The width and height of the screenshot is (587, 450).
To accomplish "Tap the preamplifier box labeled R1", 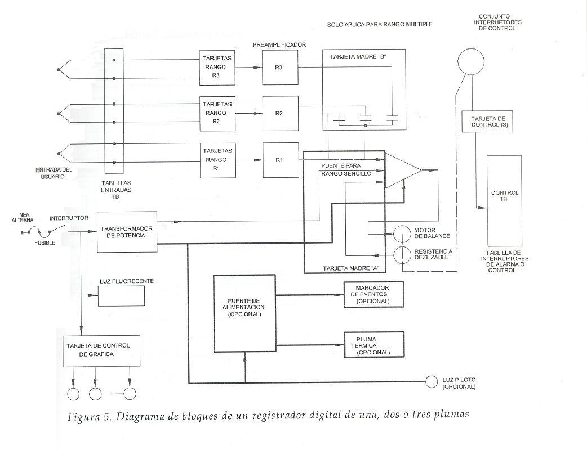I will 278,160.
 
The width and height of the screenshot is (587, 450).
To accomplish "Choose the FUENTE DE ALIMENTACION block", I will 245,313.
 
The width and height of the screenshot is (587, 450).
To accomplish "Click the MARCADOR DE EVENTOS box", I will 374,295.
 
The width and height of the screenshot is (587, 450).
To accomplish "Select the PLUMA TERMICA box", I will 374,343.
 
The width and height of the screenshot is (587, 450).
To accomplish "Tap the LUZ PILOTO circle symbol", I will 432,381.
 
